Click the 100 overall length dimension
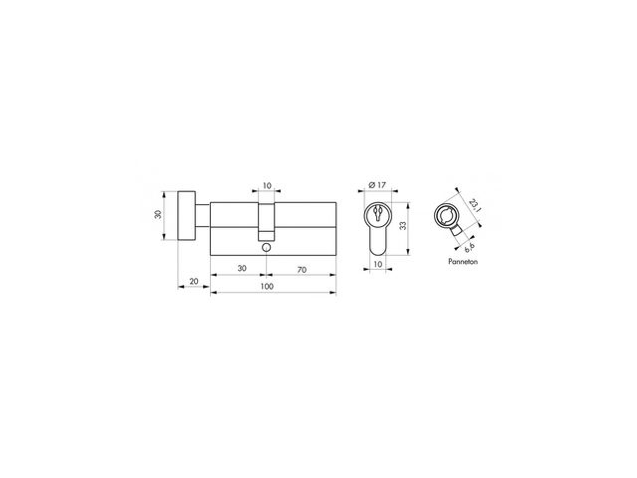point(267,286)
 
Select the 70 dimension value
point(302,270)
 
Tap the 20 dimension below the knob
point(194,281)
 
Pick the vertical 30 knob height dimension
point(158,214)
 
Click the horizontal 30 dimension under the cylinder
point(242,268)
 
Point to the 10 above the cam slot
point(267,186)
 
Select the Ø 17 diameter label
point(377,185)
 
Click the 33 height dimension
point(402,226)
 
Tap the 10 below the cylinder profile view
point(378,264)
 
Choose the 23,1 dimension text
point(474,205)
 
